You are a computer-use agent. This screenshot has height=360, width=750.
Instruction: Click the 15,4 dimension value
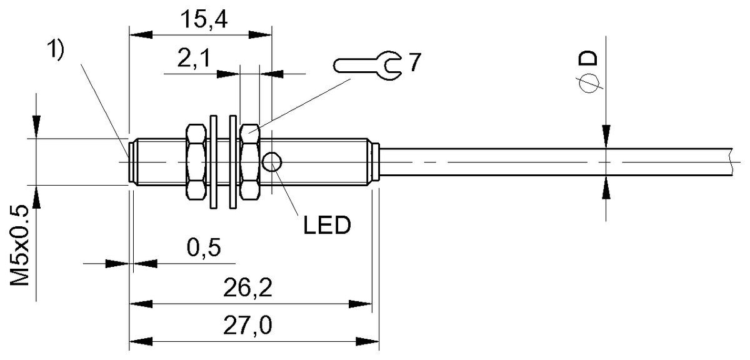point(201,21)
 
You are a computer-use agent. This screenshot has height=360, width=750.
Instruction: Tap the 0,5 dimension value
point(203,248)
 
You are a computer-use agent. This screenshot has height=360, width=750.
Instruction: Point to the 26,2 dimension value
point(250,289)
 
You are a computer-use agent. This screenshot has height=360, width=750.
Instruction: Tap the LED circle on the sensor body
point(272,162)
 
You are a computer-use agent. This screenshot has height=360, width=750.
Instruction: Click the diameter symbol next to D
point(589,83)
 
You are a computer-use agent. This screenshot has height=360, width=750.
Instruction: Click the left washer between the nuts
point(214,162)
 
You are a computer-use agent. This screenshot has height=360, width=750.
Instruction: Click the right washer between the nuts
point(233,162)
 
